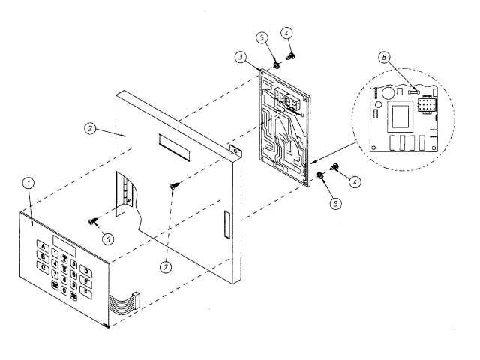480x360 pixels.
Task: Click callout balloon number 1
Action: (28, 182)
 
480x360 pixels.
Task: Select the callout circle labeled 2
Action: (90, 128)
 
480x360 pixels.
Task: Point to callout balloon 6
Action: (109, 238)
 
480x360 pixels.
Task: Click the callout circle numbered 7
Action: (166, 265)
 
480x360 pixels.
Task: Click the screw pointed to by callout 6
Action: (94, 220)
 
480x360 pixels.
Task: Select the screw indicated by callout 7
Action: (174, 185)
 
